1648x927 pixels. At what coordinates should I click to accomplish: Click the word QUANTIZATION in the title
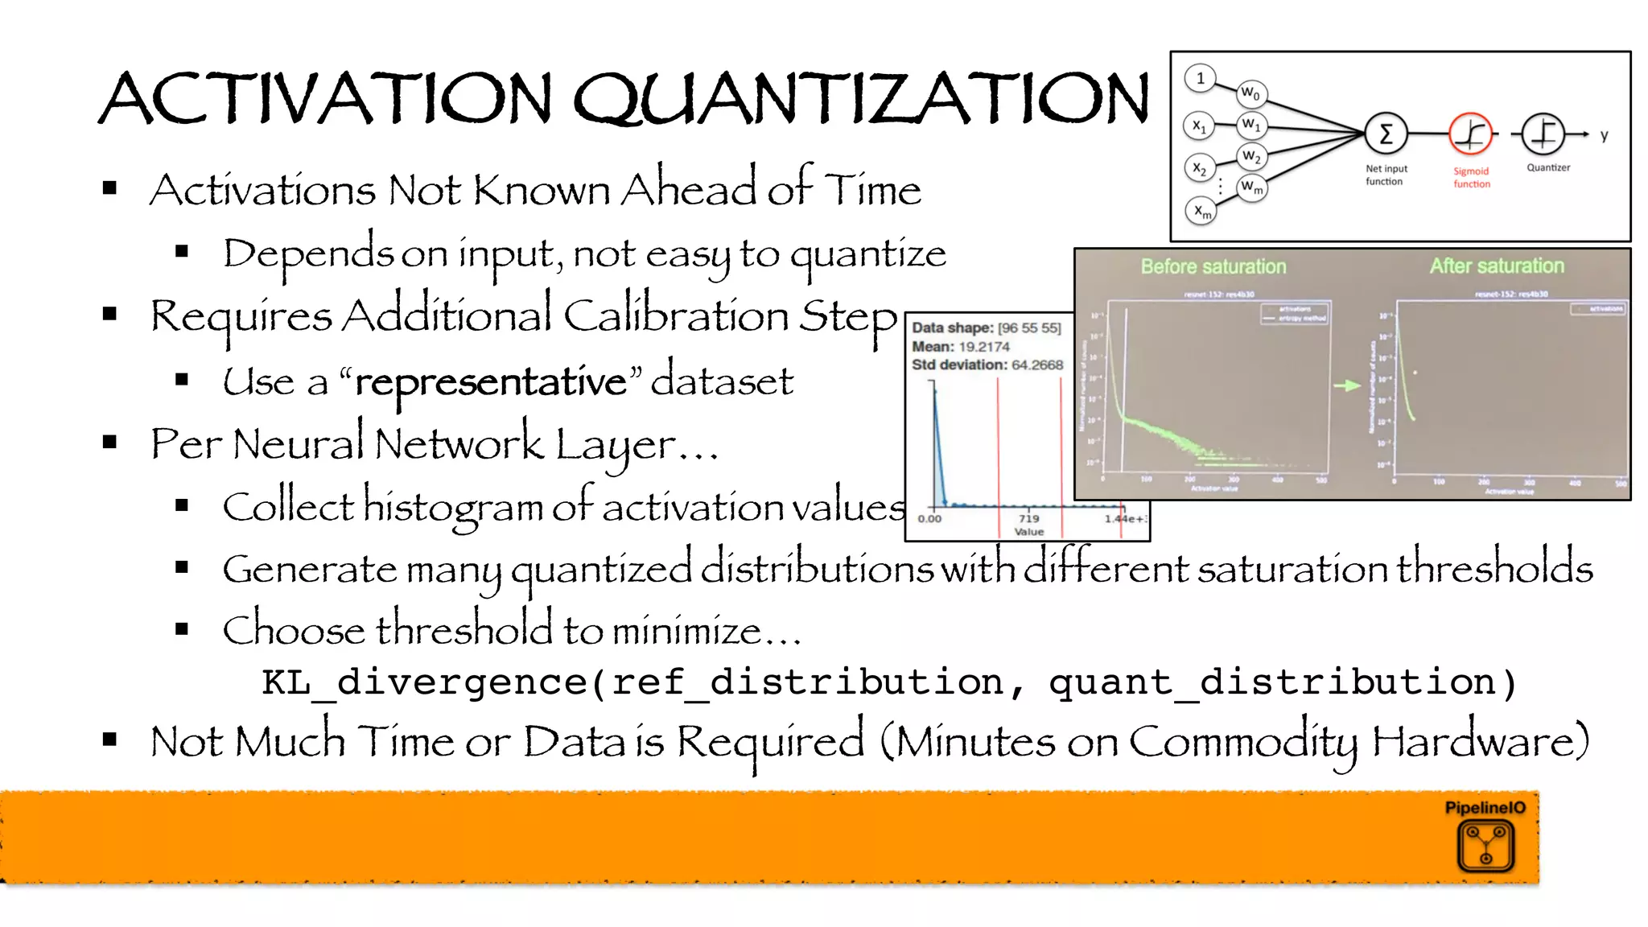click(x=861, y=98)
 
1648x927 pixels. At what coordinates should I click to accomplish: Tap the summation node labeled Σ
click(x=1386, y=134)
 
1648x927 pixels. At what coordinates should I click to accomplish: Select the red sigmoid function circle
click(x=1470, y=134)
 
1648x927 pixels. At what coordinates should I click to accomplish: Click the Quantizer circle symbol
click(x=1543, y=134)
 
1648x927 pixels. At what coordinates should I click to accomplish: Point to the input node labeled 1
click(x=1200, y=78)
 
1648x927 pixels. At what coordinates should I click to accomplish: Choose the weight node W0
click(x=1250, y=93)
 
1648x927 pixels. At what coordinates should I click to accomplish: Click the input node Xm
click(x=1201, y=212)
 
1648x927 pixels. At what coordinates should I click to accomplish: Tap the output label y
click(x=1604, y=135)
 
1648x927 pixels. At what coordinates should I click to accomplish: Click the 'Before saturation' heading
click(x=1213, y=266)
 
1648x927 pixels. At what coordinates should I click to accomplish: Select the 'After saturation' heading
click(x=1497, y=266)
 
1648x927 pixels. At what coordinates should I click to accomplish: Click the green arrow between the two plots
click(x=1346, y=386)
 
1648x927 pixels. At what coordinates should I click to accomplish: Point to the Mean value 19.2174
click(x=984, y=347)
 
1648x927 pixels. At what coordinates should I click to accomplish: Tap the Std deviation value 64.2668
click(x=1037, y=365)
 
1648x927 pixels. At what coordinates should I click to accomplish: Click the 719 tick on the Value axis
click(x=1028, y=518)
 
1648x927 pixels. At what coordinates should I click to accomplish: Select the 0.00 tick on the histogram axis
click(x=929, y=518)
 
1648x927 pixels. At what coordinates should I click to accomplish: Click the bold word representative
click(x=491, y=381)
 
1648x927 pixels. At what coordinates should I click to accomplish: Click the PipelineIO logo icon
click(x=1485, y=847)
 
